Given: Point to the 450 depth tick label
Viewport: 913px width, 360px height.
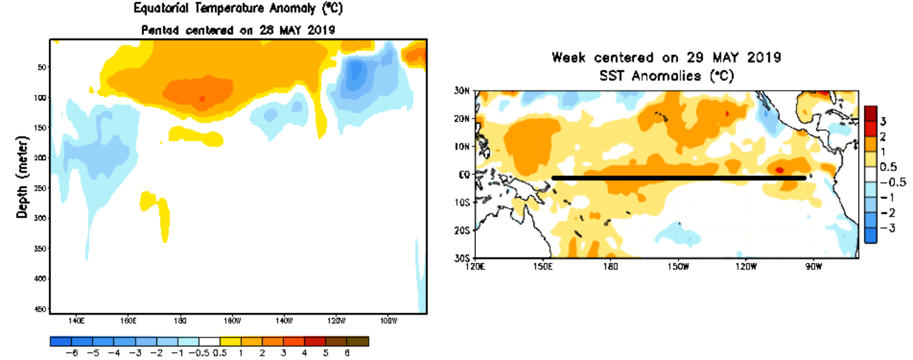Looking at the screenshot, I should [x=41, y=309].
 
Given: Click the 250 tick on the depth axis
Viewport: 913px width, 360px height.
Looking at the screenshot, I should [x=41, y=188].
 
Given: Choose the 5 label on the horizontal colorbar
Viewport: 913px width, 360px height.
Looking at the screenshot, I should [x=325, y=353].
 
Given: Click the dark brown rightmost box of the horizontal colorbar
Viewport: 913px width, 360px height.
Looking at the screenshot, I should [x=357, y=342].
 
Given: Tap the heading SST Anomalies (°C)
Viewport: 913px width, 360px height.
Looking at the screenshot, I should [x=667, y=77].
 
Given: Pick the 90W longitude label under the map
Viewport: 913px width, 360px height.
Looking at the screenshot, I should [x=813, y=266].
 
